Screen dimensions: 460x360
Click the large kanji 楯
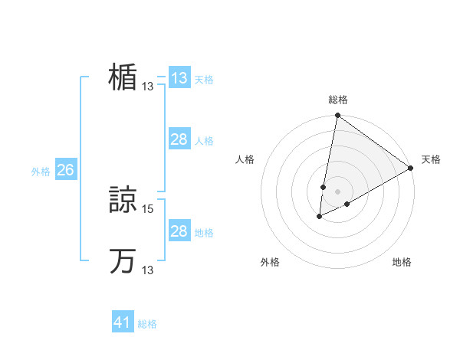click(123, 77)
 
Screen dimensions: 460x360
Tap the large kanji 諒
click(123, 198)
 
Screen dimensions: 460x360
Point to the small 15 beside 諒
click(149, 208)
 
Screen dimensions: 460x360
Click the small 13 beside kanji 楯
click(148, 87)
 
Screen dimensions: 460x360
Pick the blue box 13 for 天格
click(179, 77)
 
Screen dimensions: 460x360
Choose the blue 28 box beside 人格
click(179, 139)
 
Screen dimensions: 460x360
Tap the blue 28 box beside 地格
click(179, 231)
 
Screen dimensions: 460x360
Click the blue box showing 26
click(65, 170)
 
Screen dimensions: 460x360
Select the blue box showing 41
click(123, 322)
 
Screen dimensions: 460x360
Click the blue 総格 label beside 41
click(147, 324)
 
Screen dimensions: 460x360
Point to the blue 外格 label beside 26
click(41, 172)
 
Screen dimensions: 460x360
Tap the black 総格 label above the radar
click(338, 100)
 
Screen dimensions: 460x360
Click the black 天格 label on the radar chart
click(431, 159)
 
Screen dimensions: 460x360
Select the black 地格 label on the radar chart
click(402, 262)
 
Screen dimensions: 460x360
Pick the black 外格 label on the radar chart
click(270, 262)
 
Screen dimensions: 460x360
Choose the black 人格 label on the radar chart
click(245, 159)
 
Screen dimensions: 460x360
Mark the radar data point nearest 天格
click(411, 168)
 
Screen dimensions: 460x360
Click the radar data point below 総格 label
click(337, 116)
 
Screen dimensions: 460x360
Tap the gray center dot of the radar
click(337, 191)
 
